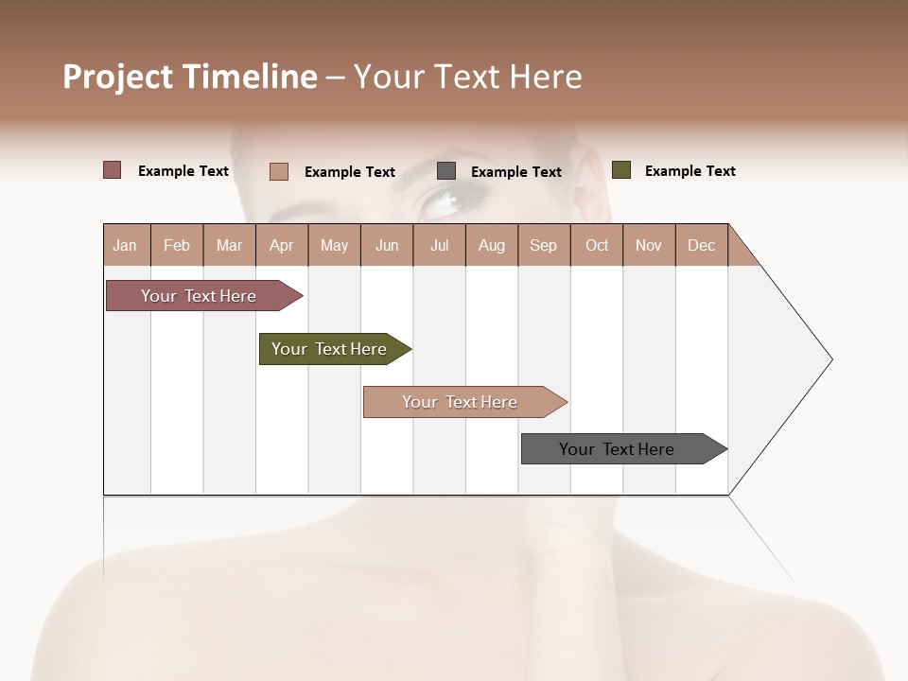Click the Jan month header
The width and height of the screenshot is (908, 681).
click(126, 245)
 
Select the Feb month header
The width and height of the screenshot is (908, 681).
click(177, 245)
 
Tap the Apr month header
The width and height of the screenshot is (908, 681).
click(282, 245)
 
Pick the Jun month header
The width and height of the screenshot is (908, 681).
click(387, 245)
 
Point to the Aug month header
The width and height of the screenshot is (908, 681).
click(492, 245)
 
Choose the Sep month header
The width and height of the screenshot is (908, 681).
click(544, 245)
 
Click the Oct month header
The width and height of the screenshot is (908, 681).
click(597, 245)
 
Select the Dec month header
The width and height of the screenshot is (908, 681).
click(702, 245)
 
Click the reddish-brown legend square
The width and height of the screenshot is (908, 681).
click(113, 170)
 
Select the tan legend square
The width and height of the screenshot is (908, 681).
click(279, 171)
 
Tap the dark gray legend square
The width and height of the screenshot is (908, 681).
click(446, 171)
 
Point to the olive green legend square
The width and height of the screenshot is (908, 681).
click(621, 170)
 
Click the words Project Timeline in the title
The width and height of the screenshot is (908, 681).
click(190, 77)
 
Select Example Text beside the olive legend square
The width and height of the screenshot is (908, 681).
click(690, 171)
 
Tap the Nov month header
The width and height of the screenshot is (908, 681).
click(649, 245)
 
